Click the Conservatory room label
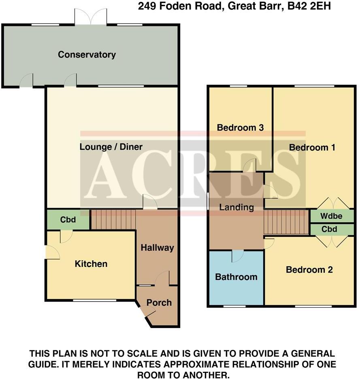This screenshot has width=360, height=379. coord(87,55)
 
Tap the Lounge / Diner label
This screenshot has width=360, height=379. coord(111,147)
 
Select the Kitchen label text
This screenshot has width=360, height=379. coord(91,264)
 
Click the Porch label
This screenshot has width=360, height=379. coord(159,302)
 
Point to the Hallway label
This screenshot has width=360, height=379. coord(157,248)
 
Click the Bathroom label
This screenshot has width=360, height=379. coord(236,277)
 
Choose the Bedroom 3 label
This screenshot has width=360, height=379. coord(241,128)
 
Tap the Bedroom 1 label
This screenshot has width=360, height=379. coord(312,147)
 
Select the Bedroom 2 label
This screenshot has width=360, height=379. coord(309,270)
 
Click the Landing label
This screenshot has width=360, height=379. coord(236,207)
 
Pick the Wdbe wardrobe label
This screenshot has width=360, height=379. coord(332,216)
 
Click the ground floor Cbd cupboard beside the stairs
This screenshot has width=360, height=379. coord(68,220)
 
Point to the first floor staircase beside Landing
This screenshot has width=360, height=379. coord(286,222)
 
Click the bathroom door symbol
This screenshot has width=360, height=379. coord(238,256)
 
